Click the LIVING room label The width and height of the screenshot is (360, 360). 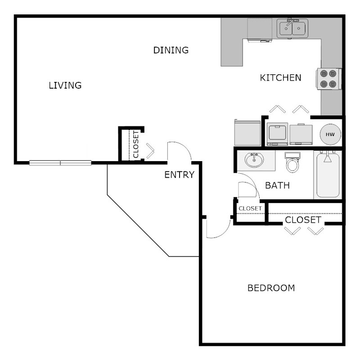tap(65, 85)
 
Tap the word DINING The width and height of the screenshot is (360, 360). tap(171, 50)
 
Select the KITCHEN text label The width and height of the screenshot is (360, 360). tap(280, 78)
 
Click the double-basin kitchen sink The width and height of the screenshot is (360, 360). tap(292, 29)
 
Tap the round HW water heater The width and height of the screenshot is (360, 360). tap(330, 134)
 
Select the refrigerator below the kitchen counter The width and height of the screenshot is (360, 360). tap(247, 132)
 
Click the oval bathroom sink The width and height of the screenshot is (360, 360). tap(255, 160)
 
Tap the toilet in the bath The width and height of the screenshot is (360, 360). tap(292, 162)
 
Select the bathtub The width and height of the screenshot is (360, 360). tap(328, 175)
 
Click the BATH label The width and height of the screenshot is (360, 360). tap(277, 185)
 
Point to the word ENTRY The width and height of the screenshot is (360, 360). tap(179, 175)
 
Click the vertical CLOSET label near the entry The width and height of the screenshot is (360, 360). tap(136, 144)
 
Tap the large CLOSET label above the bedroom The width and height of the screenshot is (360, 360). tap(303, 220)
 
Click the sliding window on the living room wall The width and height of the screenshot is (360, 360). tap(61, 163)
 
